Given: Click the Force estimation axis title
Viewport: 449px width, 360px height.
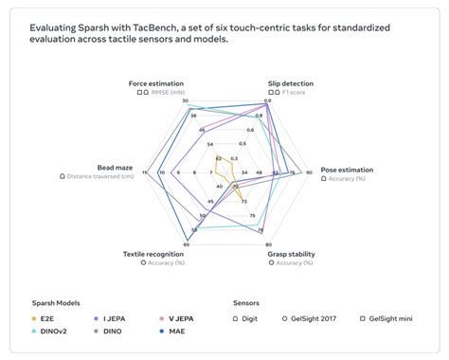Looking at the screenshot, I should tap(156, 83).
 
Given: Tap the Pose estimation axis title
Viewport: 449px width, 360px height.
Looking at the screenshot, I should tap(347, 170).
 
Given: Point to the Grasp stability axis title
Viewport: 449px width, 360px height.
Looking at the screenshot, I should tap(291, 254).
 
